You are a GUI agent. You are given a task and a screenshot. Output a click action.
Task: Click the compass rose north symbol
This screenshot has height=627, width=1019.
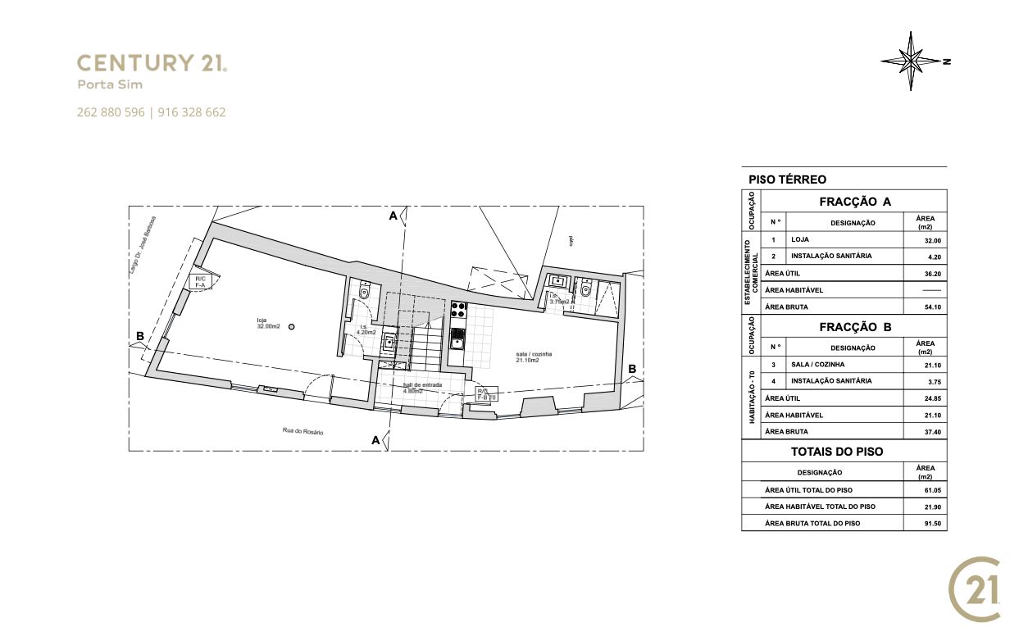click(x=912, y=61)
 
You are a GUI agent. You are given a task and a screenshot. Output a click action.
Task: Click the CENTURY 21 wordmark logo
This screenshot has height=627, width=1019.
click(x=152, y=63)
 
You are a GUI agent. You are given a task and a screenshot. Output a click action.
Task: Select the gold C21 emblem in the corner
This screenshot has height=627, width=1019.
click(x=975, y=589)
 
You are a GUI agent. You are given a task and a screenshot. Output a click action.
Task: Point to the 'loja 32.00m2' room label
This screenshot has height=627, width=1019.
click(x=268, y=323)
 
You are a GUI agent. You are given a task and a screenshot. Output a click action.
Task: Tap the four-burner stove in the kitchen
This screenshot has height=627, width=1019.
click(x=457, y=311)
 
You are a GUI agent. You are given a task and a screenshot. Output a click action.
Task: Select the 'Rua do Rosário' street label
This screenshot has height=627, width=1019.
click(x=297, y=430)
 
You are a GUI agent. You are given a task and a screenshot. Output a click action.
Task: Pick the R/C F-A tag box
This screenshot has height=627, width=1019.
click(x=200, y=282)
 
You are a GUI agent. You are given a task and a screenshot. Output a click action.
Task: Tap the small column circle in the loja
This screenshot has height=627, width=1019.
click(x=292, y=326)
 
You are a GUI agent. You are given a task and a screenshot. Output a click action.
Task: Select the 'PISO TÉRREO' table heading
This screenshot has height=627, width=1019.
click(x=787, y=179)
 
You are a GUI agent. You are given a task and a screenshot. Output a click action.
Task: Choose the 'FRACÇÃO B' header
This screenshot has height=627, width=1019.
click(x=854, y=327)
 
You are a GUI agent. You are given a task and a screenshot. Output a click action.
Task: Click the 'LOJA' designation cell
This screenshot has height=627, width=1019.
click(x=800, y=240)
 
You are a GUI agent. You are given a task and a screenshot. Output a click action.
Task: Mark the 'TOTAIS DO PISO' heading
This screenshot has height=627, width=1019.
click(x=836, y=452)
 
